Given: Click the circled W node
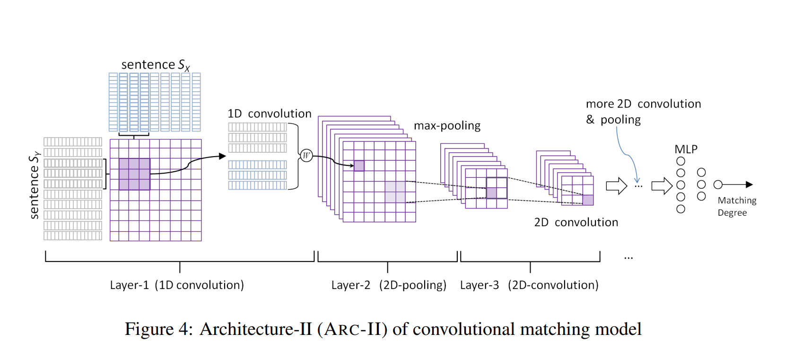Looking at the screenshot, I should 306,155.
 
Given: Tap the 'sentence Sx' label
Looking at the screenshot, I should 155,65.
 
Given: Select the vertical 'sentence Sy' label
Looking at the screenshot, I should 34,185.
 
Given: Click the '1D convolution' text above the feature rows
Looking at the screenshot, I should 269,114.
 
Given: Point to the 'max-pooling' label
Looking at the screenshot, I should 447,126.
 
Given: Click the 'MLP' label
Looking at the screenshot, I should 686,149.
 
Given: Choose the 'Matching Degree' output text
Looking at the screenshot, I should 736,206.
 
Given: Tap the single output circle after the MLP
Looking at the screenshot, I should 718,184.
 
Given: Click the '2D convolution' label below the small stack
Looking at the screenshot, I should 576,222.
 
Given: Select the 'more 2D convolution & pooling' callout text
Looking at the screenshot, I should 643,112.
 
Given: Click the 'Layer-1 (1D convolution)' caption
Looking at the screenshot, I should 177,285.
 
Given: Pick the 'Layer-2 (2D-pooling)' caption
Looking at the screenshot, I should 389,285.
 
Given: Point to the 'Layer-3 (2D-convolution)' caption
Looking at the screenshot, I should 529,285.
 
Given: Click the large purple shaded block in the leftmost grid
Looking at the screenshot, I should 134,174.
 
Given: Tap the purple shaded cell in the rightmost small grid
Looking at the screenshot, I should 588,200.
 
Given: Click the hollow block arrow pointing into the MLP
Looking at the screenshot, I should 662,185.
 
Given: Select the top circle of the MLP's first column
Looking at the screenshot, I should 680,161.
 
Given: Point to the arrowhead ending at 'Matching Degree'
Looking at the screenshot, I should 749,184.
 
